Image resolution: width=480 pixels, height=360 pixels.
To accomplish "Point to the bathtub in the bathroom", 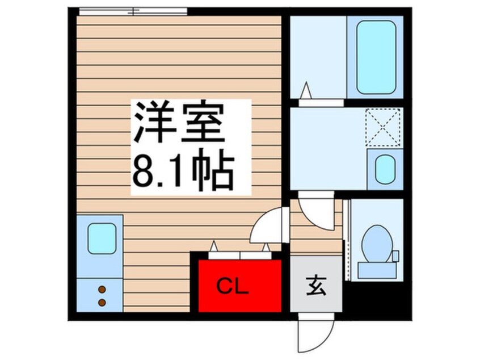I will (x=376, y=57).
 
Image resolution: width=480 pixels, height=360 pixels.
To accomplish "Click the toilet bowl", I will (x=374, y=242).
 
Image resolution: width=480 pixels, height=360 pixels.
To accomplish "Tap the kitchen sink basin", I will (x=102, y=238).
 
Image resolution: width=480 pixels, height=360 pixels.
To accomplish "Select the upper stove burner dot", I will (x=102, y=290).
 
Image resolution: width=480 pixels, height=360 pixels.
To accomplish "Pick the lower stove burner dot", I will (x=102, y=302).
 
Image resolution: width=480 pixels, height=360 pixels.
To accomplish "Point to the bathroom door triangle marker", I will (x=306, y=90).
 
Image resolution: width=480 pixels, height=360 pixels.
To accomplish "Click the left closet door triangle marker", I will (x=214, y=246).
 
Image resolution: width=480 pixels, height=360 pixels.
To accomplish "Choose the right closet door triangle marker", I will (x=266, y=246).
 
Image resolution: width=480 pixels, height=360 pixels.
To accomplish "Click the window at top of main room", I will (x=133, y=11).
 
